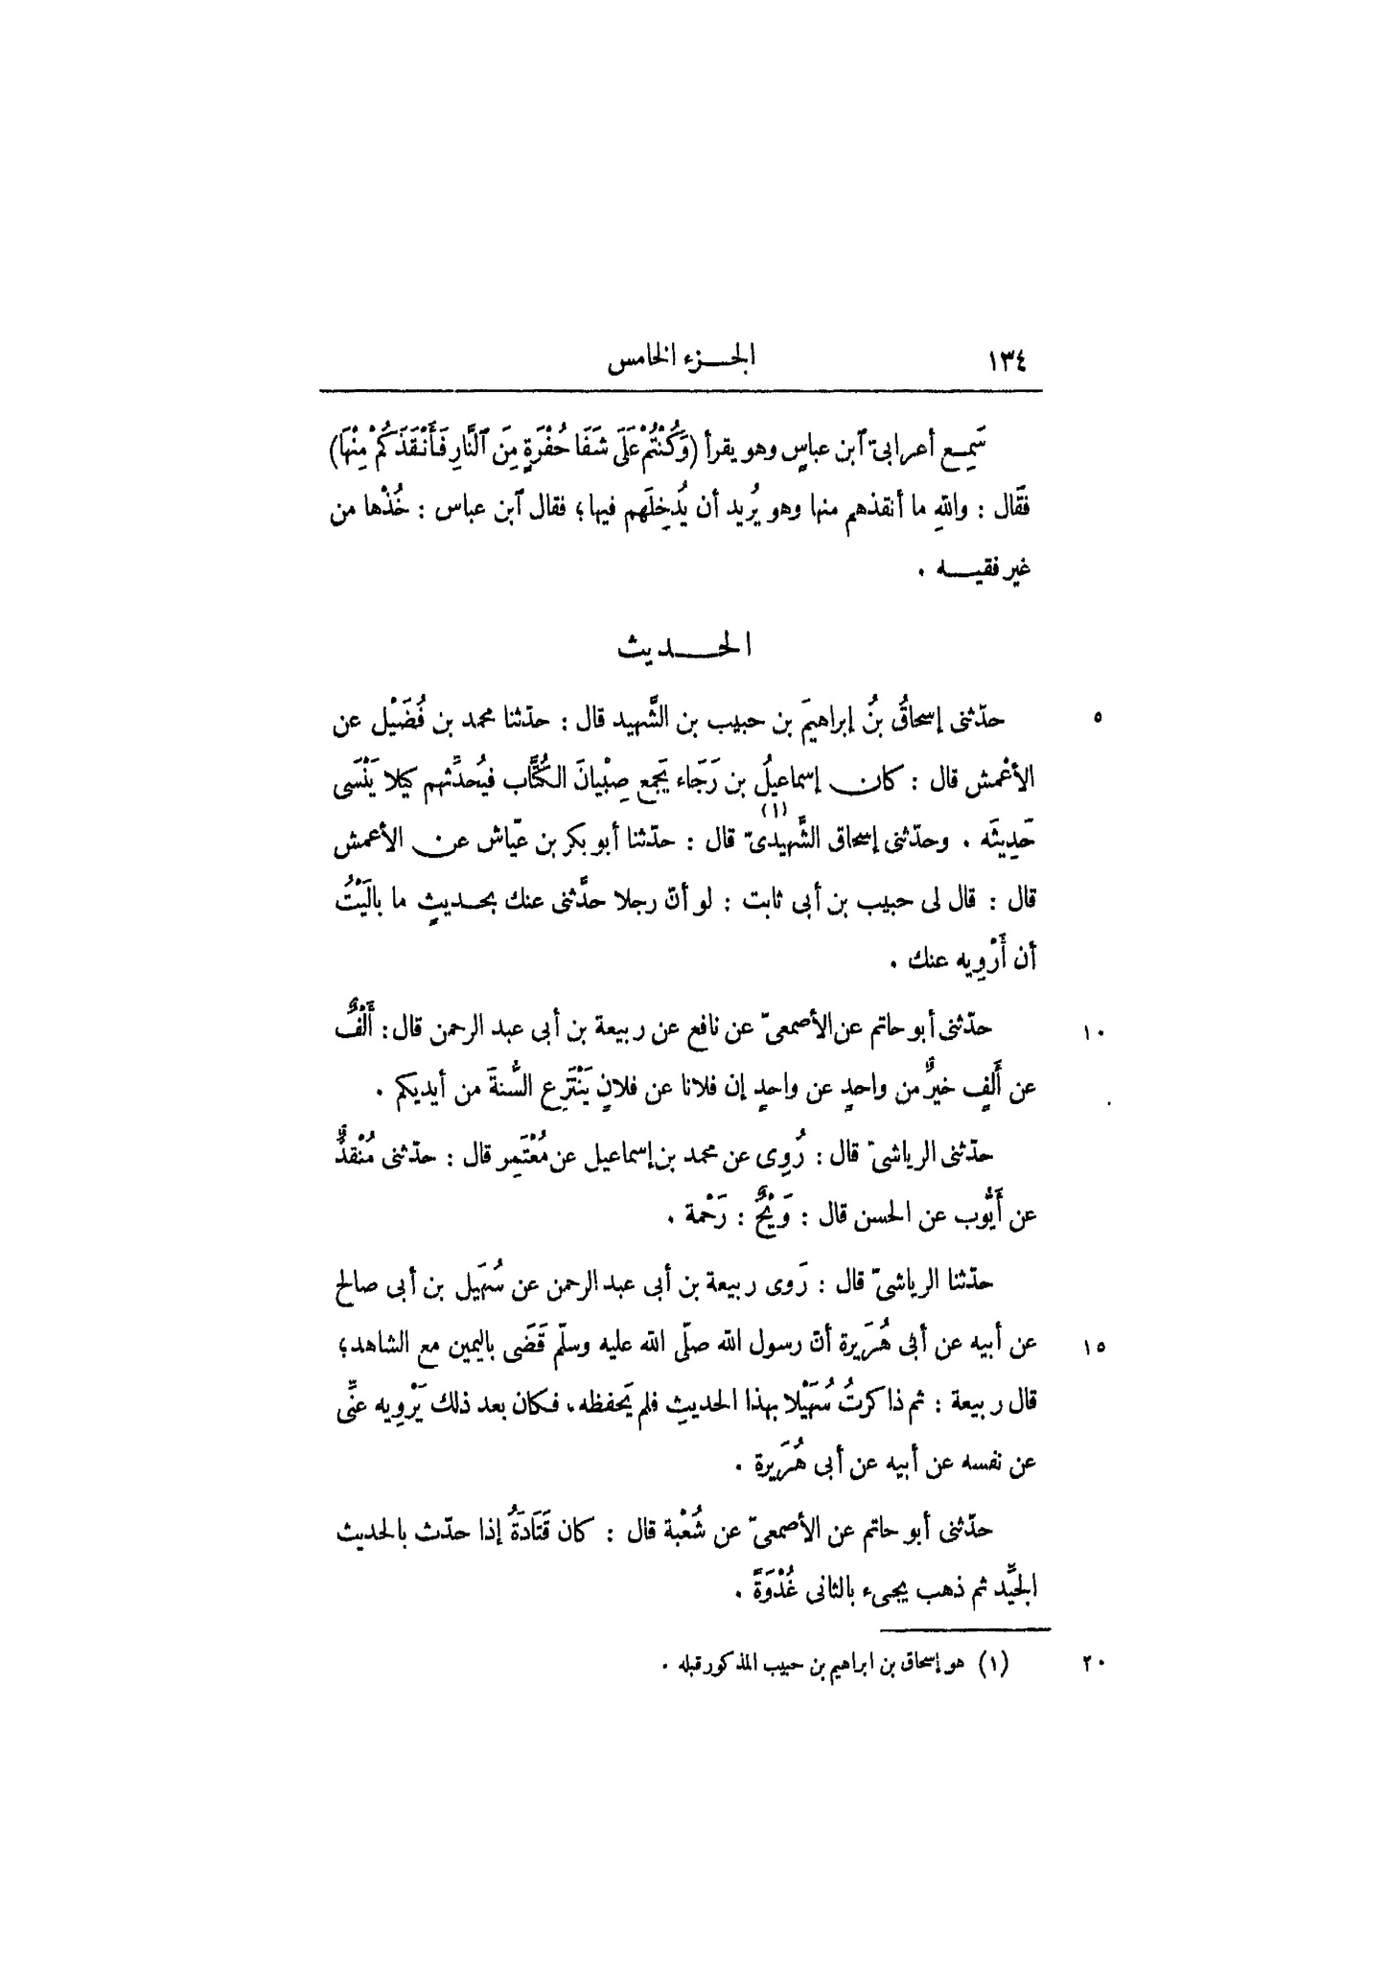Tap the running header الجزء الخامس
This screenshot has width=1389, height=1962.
tap(680, 362)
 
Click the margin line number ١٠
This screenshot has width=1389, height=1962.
tap(1095, 1032)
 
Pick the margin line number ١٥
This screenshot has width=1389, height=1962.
tap(1095, 1348)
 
